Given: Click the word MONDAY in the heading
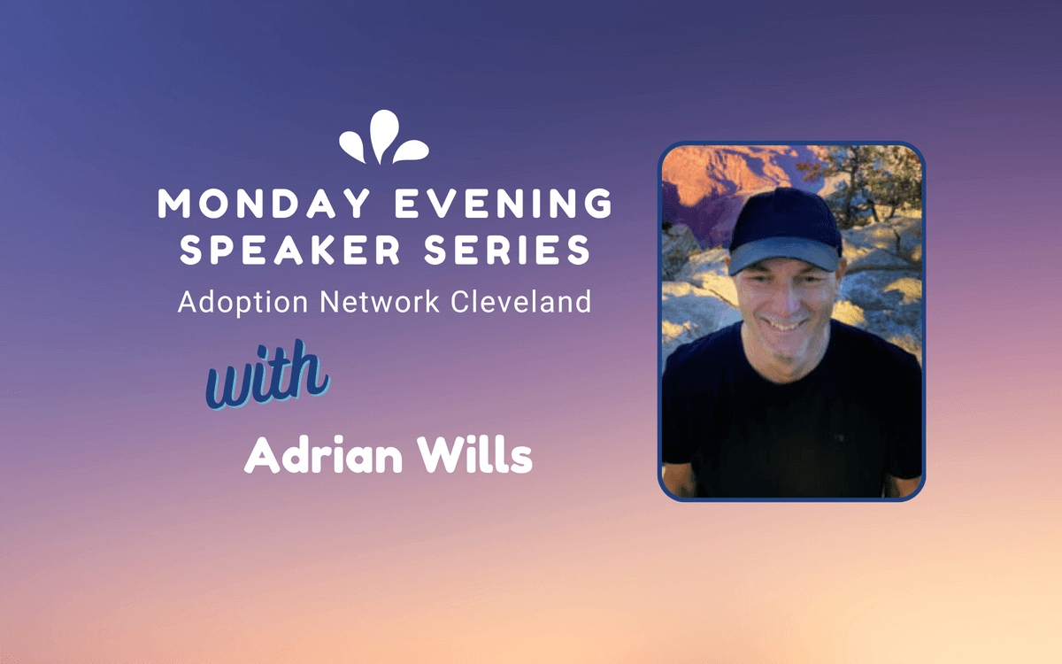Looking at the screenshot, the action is click(264, 203).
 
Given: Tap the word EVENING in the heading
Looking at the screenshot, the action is click(504, 203).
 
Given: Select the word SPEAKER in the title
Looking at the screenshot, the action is click(290, 250).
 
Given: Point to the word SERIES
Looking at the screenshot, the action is click(507, 250).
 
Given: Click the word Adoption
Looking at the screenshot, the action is click(242, 302).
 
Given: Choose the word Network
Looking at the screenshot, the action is click(380, 302).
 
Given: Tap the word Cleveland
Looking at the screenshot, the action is click(521, 301).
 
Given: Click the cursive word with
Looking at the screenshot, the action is click(267, 374).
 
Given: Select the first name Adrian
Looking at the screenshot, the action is click(323, 454).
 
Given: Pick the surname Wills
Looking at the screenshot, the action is click(474, 454).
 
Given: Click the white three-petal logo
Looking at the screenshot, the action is click(383, 137).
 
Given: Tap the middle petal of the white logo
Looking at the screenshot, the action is click(383, 135).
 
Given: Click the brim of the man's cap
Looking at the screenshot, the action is click(784, 255).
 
